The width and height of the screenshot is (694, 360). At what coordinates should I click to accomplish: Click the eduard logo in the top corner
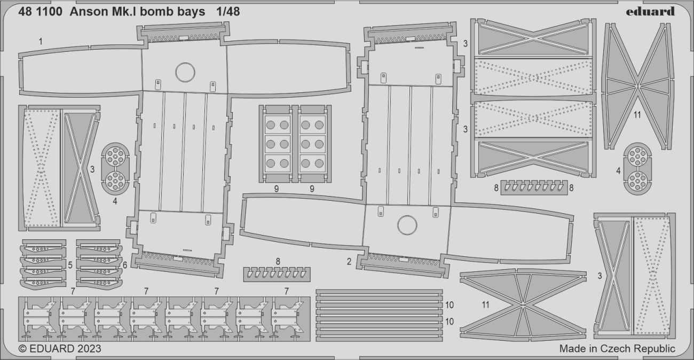[649, 11]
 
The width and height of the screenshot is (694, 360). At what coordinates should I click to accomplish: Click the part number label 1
[41, 41]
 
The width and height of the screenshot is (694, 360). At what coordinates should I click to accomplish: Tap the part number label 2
[349, 261]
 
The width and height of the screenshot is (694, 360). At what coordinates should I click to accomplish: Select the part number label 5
[70, 264]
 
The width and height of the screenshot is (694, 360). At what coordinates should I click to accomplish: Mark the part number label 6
[125, 264]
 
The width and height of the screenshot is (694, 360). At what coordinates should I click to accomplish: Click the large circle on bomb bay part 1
[185, 72]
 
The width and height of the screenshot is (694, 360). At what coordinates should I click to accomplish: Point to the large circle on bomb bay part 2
[407, 225]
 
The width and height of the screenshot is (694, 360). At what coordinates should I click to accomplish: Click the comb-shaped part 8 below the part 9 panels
[277, 274]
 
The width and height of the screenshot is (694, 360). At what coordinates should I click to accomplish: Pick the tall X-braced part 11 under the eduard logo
[637, 85]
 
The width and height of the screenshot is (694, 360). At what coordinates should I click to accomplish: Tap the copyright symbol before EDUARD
[22, 349]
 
